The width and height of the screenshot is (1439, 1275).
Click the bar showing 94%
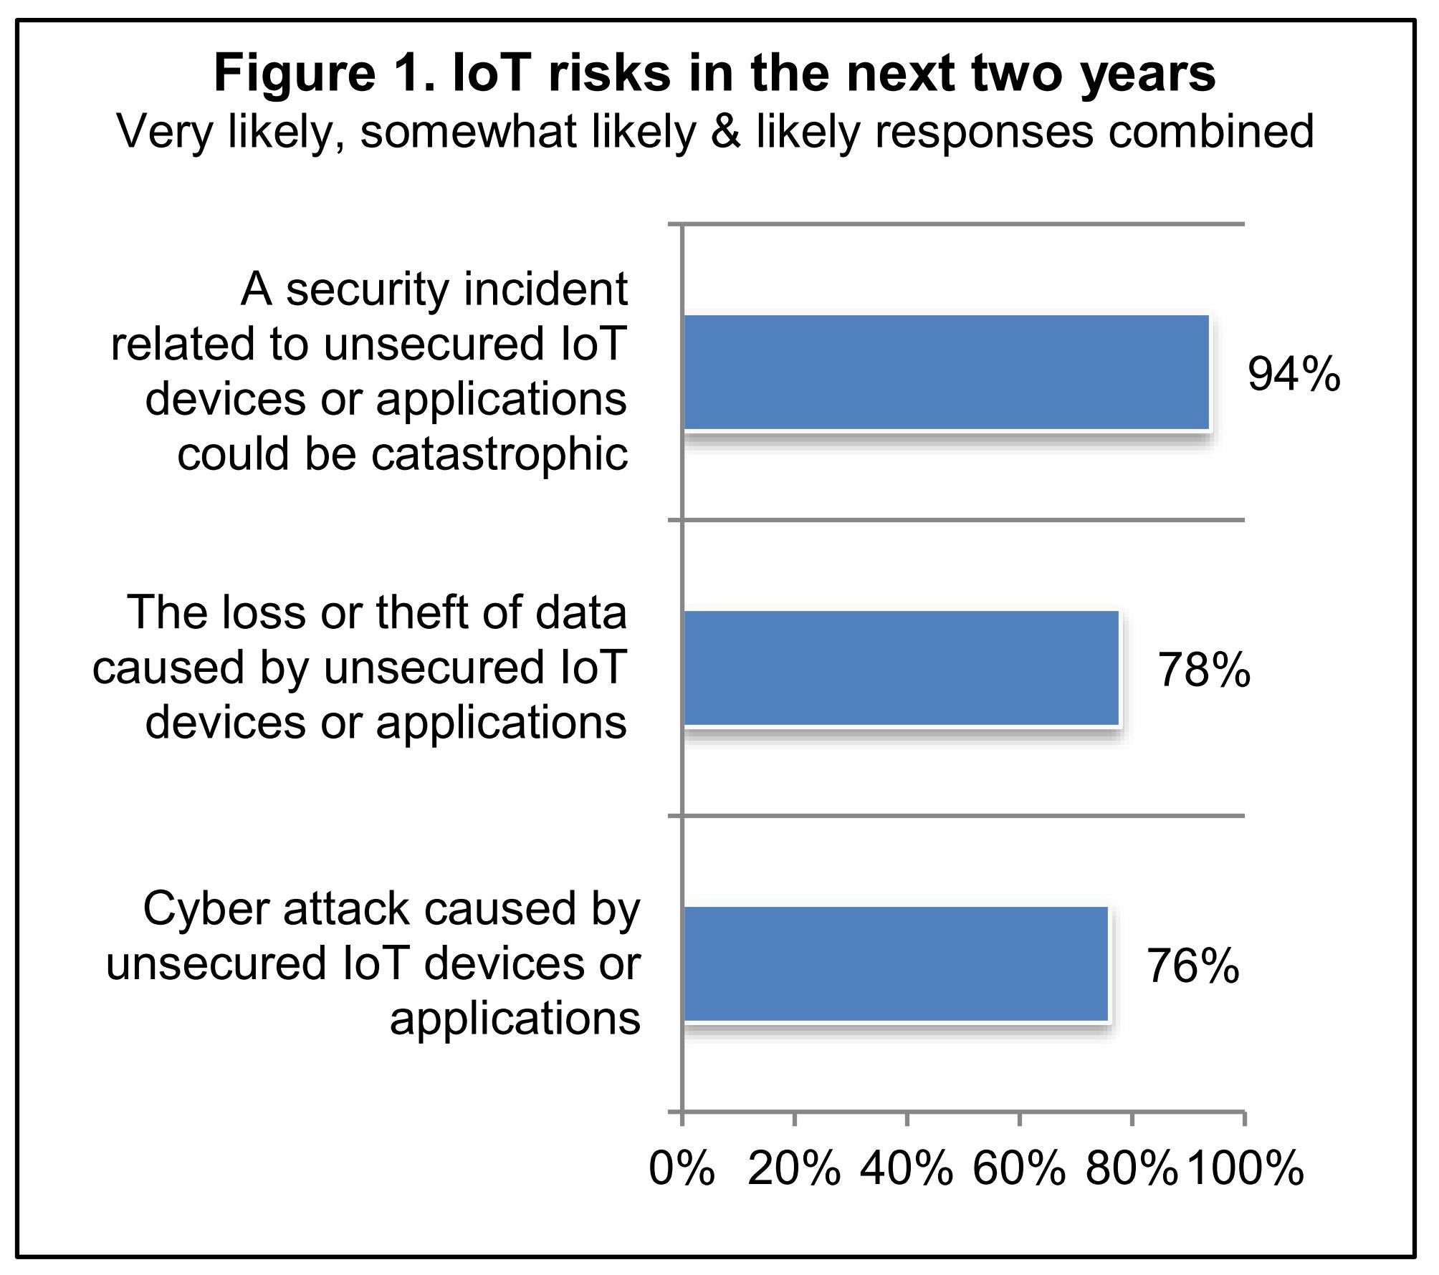(946, 372)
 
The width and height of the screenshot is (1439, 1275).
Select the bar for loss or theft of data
(901, 668)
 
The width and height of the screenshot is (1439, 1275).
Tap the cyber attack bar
(896, 963)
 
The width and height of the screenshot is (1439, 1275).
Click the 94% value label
(1294, 374)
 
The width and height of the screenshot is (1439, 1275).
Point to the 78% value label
(1204, 670)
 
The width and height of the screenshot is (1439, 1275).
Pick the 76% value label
(1193, 966)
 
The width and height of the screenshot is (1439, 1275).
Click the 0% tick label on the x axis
(682, 1169)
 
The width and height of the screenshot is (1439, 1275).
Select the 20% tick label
(794, 1169)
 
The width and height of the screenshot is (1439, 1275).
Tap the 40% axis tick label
(907, 1169)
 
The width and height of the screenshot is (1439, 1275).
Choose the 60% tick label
(1019, 1169)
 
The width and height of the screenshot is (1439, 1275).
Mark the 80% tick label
(1132, 1169)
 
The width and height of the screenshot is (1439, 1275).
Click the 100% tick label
(1246, 1169)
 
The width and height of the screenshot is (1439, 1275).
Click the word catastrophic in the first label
(499, 454)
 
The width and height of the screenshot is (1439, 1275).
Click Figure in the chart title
(295, 73)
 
